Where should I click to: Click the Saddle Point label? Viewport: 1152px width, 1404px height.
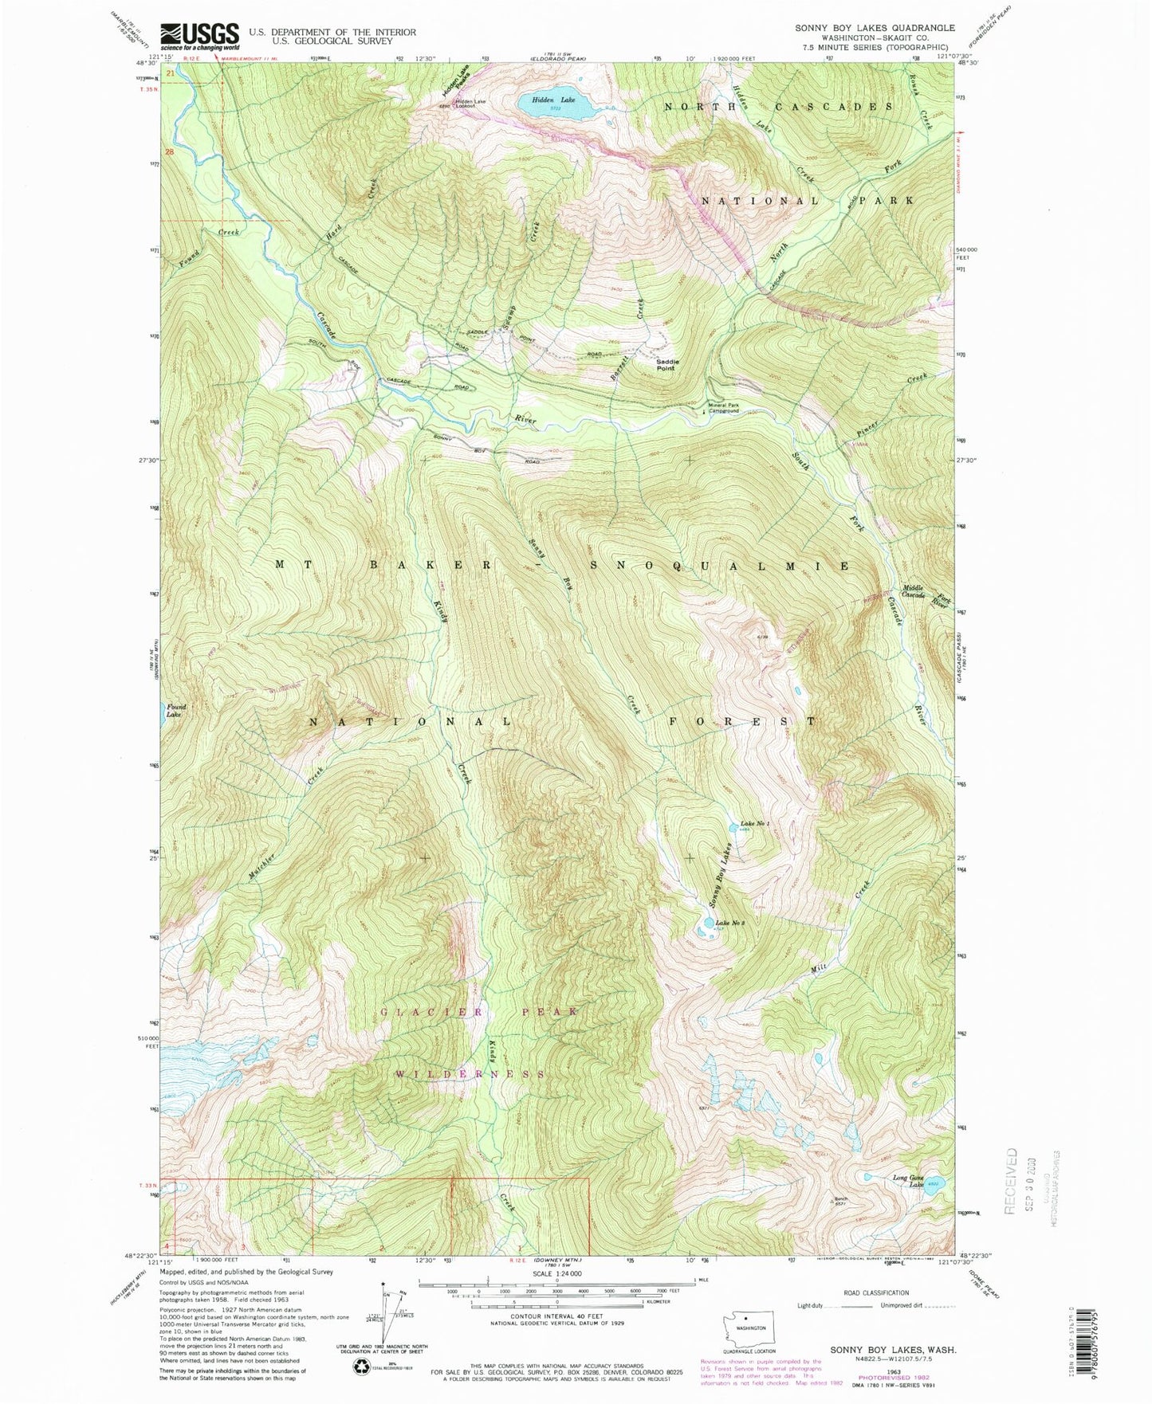coord(665,365)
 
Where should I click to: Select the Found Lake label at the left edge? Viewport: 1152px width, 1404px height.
coord(175,711)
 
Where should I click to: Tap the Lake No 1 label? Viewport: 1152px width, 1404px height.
coord(754,824)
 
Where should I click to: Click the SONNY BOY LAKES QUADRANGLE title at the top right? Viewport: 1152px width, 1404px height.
coord(874,28)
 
